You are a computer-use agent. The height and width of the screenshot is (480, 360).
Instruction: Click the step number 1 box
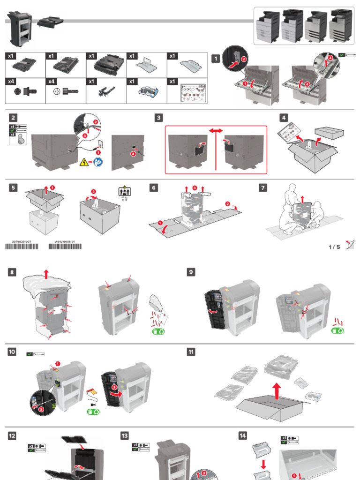[216, 59]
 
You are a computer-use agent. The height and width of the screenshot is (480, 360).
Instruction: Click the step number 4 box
[284, 118]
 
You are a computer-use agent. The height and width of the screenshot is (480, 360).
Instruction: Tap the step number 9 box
[191, 272]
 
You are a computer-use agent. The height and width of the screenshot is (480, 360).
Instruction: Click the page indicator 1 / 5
[334, 247]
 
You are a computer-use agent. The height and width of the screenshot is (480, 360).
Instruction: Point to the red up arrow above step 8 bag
[45, 273]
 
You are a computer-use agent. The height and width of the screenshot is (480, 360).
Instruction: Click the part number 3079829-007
[22, 242]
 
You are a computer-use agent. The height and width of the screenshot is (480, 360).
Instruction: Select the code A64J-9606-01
[65, 242]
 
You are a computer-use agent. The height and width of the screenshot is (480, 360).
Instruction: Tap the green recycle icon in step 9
[337, 330]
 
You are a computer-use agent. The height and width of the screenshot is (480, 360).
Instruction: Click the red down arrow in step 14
[262, 464]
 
